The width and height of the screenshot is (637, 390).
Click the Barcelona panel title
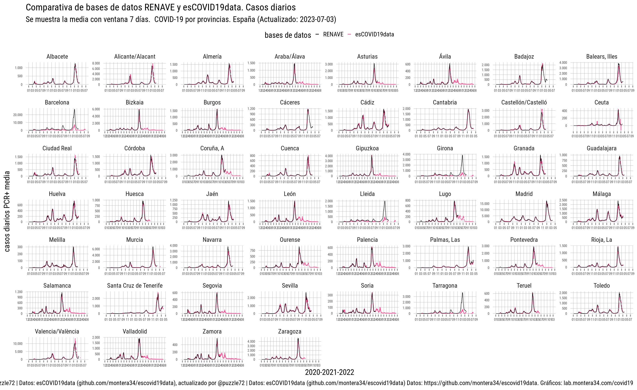57,102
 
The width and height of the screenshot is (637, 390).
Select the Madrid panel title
524,194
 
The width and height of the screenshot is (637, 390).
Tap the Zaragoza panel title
289,331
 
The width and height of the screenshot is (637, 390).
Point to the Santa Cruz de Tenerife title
135,286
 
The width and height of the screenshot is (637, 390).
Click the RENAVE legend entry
333,35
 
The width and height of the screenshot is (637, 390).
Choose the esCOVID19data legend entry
374,35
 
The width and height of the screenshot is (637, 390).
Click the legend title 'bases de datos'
288,35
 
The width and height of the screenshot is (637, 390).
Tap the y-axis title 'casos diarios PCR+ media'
7,211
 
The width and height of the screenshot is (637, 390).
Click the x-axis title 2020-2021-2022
329,372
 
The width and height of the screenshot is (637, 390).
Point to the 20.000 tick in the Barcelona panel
18,115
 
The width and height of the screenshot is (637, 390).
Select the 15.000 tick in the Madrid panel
485,204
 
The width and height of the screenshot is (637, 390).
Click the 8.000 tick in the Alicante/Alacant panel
96,63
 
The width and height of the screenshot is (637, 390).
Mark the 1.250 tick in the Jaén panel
173,200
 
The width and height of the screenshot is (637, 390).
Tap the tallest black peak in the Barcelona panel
75,109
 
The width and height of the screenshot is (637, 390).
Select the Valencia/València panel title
57,331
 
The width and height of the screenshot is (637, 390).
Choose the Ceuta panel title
601,102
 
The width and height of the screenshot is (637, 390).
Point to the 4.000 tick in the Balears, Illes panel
563,63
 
